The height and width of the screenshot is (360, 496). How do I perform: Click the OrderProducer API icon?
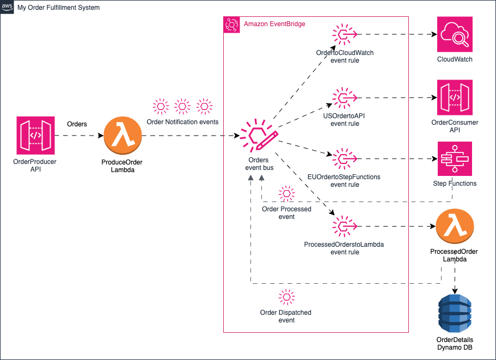click(x=35, y=136)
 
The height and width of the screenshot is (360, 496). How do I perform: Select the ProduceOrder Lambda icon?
click(x=123, y=136)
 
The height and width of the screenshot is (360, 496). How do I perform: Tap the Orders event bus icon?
click(x=259, y=136)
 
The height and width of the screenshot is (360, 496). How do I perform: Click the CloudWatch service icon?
click(x=455, y=34)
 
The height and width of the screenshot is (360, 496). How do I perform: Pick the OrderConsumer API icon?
click(x=455, y=97)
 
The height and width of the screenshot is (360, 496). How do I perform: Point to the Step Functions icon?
click(x=455, y=159)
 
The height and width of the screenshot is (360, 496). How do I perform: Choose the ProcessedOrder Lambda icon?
click(x=455, y=226)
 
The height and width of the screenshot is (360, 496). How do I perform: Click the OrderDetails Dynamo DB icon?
click(x=455, y=313)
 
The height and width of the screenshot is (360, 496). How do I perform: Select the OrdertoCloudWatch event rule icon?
click(x=345, y=34)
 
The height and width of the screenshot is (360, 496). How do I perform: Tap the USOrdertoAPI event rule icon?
click(x=345, y=97)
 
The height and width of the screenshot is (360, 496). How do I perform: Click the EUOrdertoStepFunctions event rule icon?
click(x=345, y=158)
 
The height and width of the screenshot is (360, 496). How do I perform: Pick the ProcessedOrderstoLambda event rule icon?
click(x=345, y=226)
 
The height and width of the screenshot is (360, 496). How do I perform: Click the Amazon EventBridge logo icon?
click(x=232, y=25)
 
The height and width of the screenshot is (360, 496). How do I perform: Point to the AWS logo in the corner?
click(x=7, y=7)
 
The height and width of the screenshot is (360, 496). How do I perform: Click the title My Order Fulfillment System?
click(x=58, y=8)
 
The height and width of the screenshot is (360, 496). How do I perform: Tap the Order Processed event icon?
click(x=286, y=193)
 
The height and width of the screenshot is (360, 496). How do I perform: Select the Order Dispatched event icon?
click(x=286, y=297)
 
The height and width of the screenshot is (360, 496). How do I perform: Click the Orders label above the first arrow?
click(x=77, y=124)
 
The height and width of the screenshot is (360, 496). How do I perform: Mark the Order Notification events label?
click(x=182, y=122)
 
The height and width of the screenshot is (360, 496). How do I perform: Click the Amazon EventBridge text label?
click(x=274, y=24)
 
